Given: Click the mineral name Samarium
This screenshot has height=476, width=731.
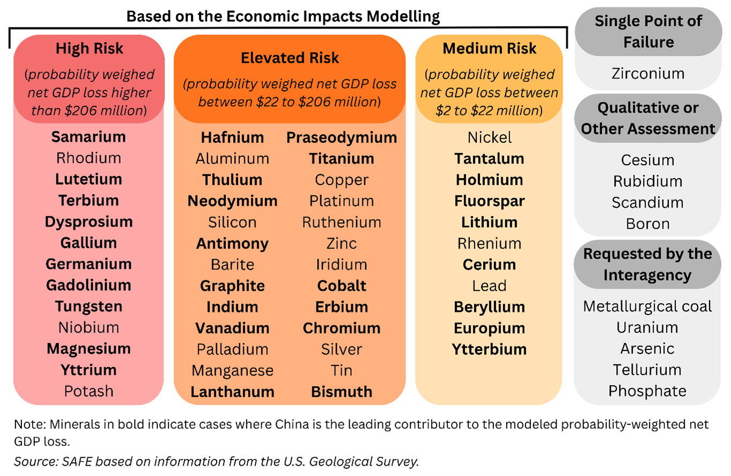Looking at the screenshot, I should click(x=88, y=137).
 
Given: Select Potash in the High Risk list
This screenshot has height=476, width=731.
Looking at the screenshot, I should click(x=88, y=391).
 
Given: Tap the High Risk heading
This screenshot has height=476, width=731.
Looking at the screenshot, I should click(x=89, y=49).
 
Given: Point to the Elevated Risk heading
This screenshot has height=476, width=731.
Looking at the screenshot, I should click(x=290, y=57).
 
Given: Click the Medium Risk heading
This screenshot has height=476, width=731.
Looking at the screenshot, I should click(x=489, y=49).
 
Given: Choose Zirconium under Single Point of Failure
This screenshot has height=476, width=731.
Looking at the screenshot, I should click(x=648, y=74).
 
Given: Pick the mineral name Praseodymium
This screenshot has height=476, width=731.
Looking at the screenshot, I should click(x=342, y=137).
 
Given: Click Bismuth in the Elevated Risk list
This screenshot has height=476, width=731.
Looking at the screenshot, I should click(x=342, y=392).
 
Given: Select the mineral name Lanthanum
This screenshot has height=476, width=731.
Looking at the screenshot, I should click(x=232, y=392).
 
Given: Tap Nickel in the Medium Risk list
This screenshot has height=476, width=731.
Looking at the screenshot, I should click(x=490, y=137).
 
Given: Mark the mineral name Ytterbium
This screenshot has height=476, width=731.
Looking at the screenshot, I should click(x=490, y=349).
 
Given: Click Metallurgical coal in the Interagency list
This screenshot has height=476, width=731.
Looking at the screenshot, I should click(x=647, y=306).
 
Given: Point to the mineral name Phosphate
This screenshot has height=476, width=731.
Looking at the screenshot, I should click(x=647, y=391).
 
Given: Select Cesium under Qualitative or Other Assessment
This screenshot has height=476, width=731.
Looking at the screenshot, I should click(x=648, y=160).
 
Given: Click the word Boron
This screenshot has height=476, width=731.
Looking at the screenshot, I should click(x=648, y=224).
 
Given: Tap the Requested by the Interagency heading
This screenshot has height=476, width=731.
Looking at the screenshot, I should click(x=647, y=264).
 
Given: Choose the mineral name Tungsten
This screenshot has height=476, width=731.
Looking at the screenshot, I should click(x=88, y=306).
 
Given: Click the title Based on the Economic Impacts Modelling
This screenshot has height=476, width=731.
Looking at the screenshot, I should click(x=283, y=16).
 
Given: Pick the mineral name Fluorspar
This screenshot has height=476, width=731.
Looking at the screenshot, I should click(x=490, y=201).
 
